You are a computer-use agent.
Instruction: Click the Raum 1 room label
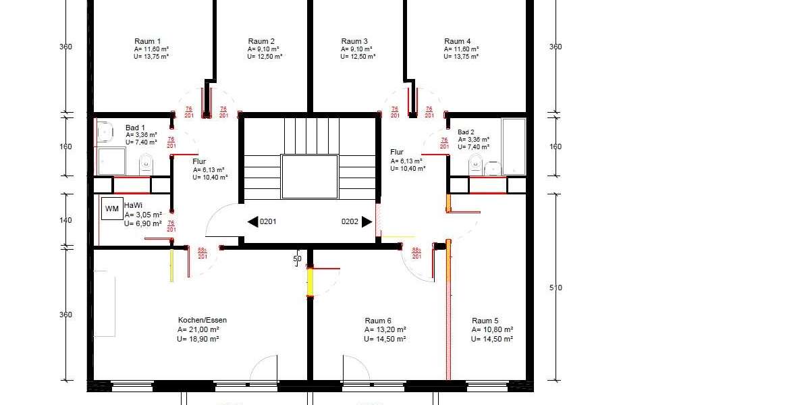coord(148,41)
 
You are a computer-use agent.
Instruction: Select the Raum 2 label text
coord(261,41)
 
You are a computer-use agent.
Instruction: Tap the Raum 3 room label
coord(354,41)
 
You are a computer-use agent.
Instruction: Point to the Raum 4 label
coord(458,41)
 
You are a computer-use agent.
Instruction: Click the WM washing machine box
coord(111,209)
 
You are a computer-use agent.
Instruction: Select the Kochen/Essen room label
coord(202,320)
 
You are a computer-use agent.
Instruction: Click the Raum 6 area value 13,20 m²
coord(385,329)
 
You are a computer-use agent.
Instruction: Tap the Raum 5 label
coord(485,321)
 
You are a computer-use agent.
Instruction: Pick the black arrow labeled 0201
coord(253,221)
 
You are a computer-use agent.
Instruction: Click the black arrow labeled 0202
coord(367,221)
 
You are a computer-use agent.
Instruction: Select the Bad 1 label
coord(135,128)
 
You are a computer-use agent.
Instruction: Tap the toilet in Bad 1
coord(146,163)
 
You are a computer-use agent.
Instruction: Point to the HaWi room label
coord(133,205)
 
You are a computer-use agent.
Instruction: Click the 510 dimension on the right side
coord(556,288)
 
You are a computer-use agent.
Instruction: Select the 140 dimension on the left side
coord(65,221)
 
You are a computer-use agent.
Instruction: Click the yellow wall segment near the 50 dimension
coord(310,282)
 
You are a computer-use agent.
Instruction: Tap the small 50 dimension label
coord(297,259)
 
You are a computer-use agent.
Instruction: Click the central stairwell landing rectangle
coord(309,176)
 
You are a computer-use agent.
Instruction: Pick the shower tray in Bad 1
coord(111,162)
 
